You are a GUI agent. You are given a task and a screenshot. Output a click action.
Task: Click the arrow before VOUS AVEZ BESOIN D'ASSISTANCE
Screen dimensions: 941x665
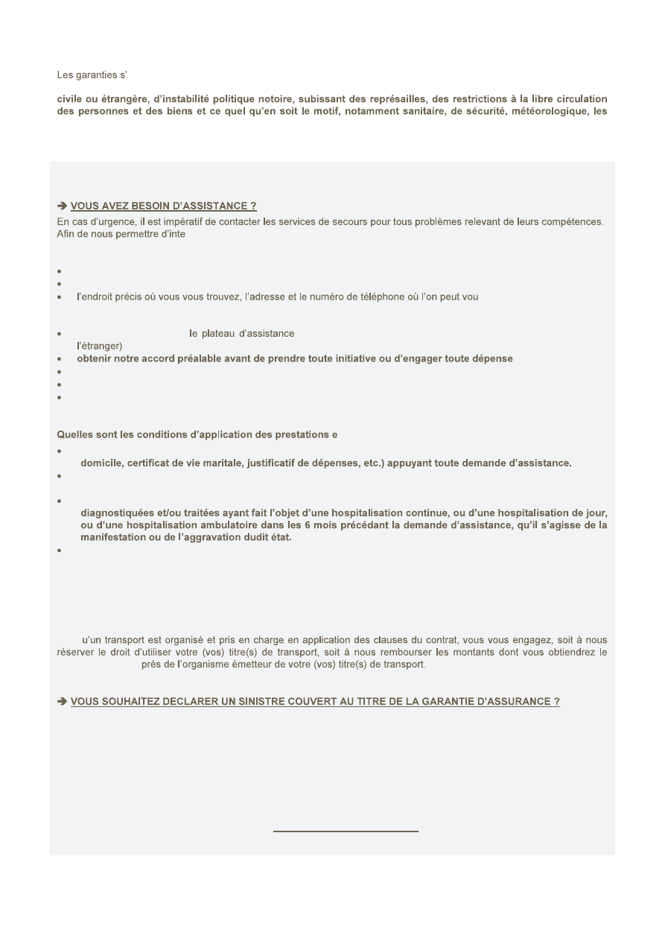tap(62, 206)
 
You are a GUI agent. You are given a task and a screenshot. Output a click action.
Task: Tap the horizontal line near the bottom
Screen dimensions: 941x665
tap(346, 830)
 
